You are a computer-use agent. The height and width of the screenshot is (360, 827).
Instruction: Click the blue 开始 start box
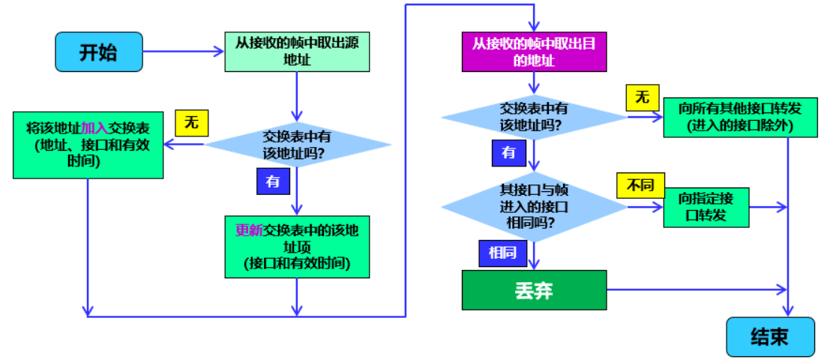click(x=98, y=52)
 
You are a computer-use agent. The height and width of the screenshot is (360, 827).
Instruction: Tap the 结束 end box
click(x=769, y=337)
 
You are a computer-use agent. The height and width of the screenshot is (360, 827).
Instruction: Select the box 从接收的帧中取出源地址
click(x=298, y=51)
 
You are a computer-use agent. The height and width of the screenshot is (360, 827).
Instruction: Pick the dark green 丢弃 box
click(x=533, y=290)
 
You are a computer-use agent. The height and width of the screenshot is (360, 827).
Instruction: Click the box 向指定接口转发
click(x=706, y=207)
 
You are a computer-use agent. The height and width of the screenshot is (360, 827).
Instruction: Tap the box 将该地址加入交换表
click(x=88, y=145)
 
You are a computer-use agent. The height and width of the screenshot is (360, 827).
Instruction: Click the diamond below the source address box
click(x=298, y=145)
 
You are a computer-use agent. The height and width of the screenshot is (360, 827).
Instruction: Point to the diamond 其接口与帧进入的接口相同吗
click(x=533, y=205)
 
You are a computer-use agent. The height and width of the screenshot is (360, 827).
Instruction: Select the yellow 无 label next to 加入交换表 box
click(x=191, y=123)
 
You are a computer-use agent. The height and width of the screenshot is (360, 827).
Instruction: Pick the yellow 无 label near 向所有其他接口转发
click(x=642, y=97)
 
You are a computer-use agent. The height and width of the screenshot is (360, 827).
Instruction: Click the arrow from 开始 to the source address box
click(x=184, y=52)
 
